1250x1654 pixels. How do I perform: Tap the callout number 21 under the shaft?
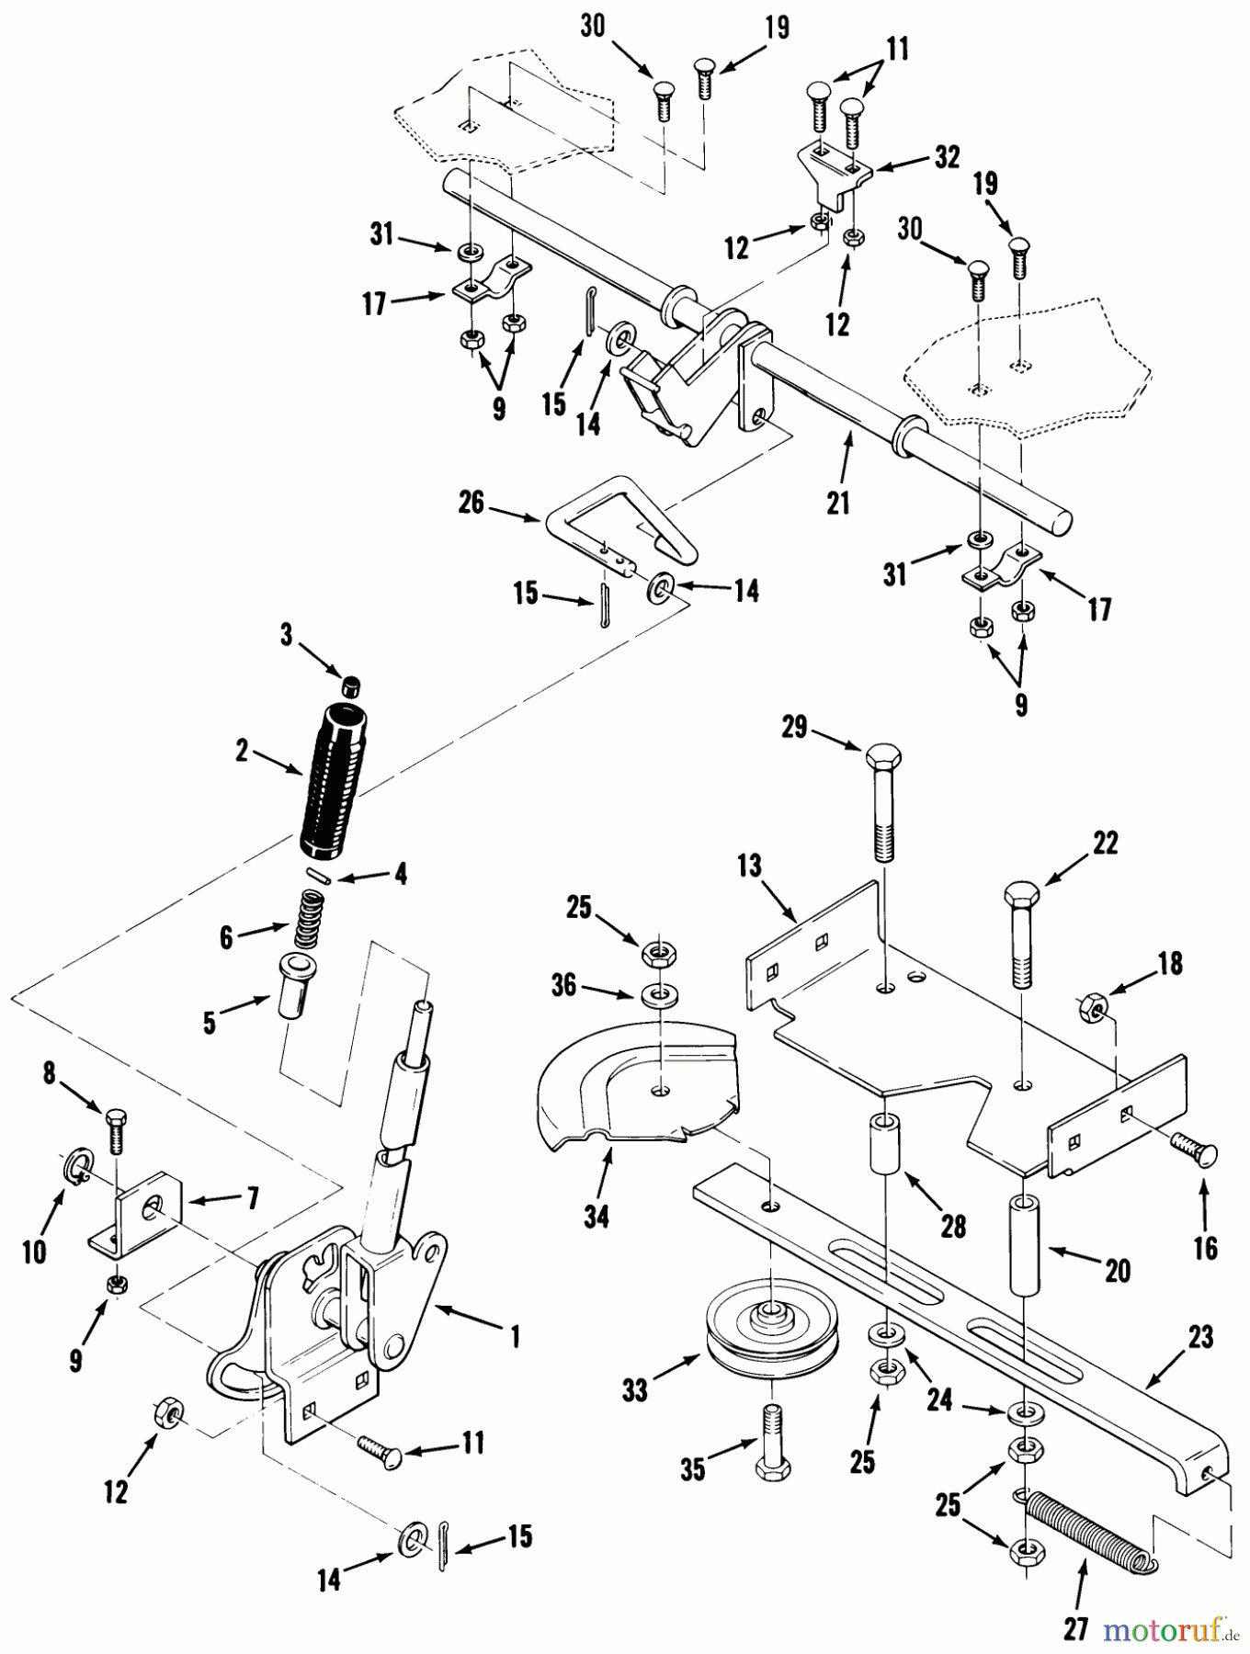click(x=837, y=503)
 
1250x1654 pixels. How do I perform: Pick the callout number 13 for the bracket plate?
click(x=750, y=867)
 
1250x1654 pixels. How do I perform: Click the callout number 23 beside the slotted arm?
click(x=1200, y=1337)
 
